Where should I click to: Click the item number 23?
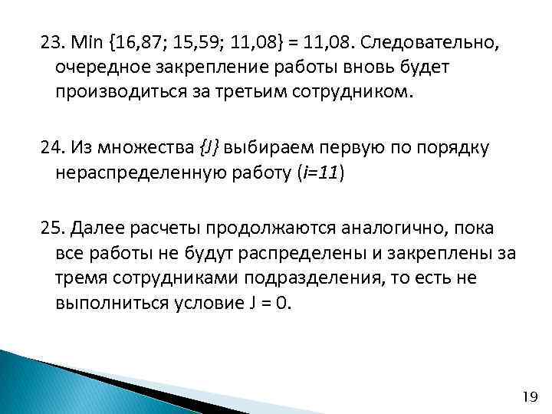pyautogui.click(x=52, y=41)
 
